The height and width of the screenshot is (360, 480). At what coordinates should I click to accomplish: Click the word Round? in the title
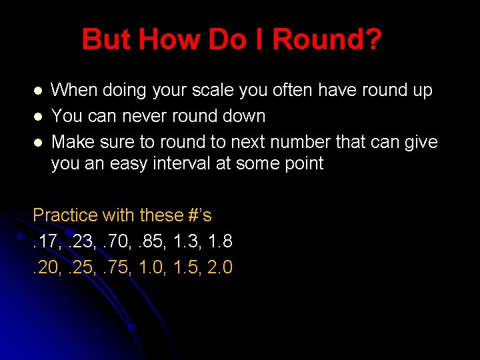pyautogui.click(x=327, y=40)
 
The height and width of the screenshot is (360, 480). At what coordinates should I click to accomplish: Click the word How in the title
pyautogui.click(x=161, y=40)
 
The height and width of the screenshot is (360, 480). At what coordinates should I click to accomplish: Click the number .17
pyautogui.click(x=45, y=241)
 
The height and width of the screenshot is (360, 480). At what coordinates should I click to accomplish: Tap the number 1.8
pyautogui.click(x=218, y=241)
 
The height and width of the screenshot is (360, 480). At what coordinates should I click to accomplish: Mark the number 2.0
pyautogui.click(x=218, y=267)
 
